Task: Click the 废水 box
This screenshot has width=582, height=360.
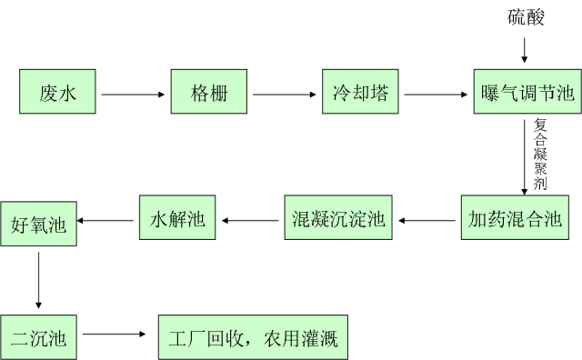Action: tap(57, 92)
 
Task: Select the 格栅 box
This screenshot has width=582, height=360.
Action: tap(209, 92)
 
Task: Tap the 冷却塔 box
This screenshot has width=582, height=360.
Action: tap(361, 92)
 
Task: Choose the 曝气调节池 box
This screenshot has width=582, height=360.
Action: tap(527, 92)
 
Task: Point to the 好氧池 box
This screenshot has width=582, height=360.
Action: tap(38, 224)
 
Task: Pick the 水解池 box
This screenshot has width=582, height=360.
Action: tap(177, 218)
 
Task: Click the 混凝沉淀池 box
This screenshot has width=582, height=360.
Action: tap(338, 218)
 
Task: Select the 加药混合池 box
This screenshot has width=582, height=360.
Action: tap(515, 218)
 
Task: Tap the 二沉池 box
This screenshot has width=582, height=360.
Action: tap(38, 338)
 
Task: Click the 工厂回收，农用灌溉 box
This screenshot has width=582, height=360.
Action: tap(253, 338)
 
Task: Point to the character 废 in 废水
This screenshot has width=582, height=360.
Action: tap(48, 93)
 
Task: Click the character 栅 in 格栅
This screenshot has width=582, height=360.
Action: tap(218, 93)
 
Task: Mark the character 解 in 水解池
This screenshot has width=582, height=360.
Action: tap(177, 219)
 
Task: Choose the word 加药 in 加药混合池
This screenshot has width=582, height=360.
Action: tap(487, 219)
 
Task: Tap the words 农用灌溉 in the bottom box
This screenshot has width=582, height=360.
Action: tap(300, 339)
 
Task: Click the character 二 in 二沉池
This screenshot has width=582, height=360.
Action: tap(20, 339)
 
